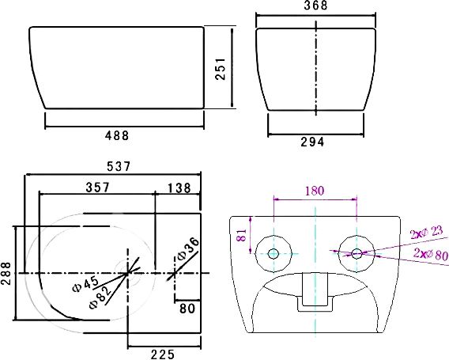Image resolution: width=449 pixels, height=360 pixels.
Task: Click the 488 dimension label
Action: tap(117, 135)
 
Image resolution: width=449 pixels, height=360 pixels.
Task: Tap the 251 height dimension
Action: tap(221, 69)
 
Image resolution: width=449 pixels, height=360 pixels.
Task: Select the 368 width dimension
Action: tap(315, 6)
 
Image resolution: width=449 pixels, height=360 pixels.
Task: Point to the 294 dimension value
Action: tap(312, 142)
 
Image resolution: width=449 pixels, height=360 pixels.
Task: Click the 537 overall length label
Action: tap(119, 166)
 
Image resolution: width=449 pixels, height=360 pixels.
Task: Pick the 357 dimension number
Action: tap(98, 188)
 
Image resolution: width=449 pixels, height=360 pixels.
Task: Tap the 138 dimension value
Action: tap(179, 188)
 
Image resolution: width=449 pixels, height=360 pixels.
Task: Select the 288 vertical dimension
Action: tap(6, 273)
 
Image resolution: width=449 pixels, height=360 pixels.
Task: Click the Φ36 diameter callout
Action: tap(188, 248)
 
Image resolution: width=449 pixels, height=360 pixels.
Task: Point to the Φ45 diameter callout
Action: tap(85, 284)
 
